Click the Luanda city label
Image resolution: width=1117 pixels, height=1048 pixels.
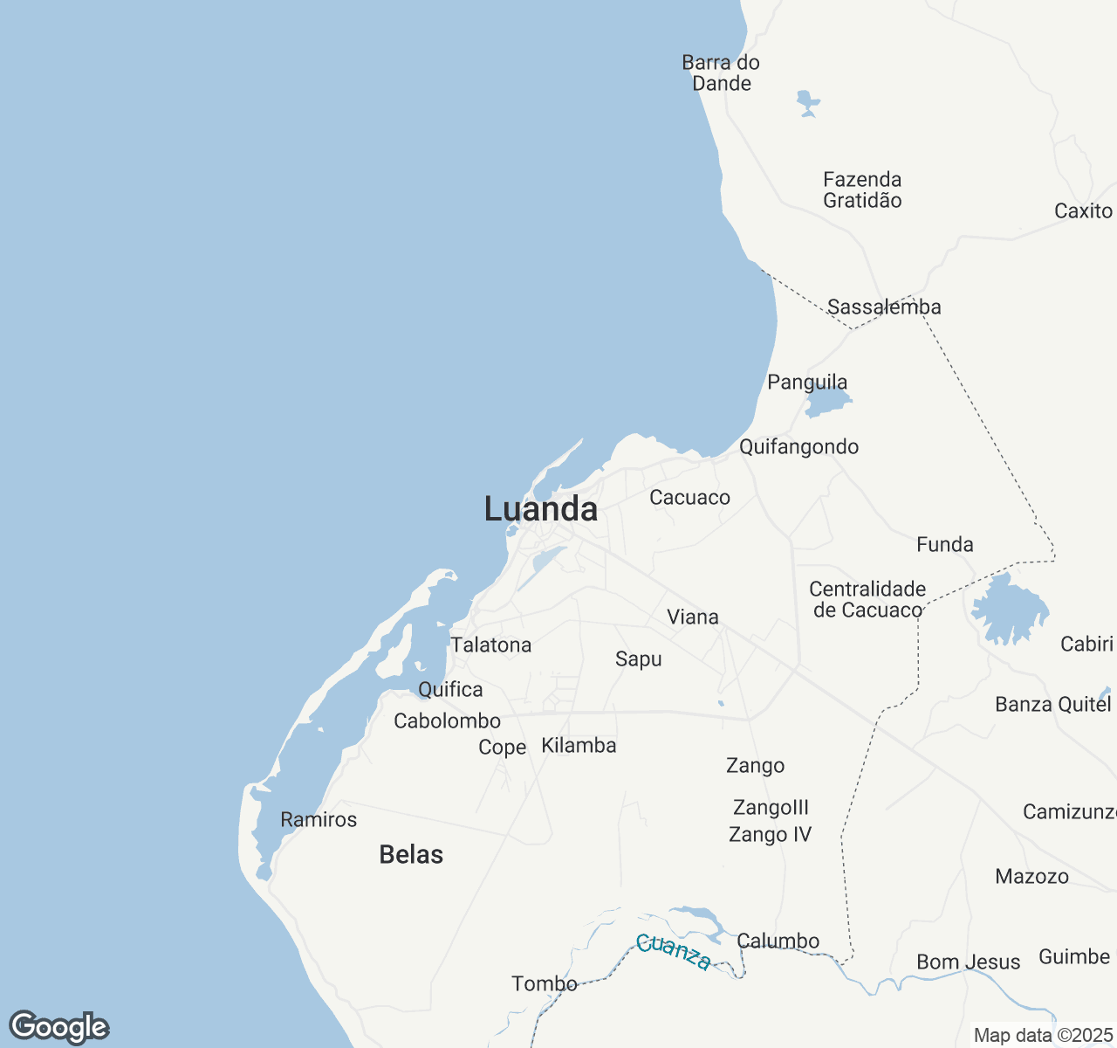pos(541,509)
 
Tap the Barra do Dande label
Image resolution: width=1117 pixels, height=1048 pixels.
pos(721,73)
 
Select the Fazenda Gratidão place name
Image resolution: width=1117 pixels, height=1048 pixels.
pos(862,190)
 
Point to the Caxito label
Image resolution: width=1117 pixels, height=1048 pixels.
pos(1083,211)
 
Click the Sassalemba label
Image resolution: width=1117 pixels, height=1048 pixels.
pos(884,307)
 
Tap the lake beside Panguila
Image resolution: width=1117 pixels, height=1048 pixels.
pos(826,403)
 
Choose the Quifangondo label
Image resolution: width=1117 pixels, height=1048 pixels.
pos(798,447)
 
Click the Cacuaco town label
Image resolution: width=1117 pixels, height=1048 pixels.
pos(689,498)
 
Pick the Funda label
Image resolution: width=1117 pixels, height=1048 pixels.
pos(944,545)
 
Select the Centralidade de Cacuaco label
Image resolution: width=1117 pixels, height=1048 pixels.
pos(867,600)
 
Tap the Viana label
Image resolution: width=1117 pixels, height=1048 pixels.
pos(693,617)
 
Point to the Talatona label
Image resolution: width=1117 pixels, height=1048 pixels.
pos(490,645)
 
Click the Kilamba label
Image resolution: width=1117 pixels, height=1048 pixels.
pos(579,746)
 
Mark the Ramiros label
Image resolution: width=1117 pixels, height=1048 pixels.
pos(319,820)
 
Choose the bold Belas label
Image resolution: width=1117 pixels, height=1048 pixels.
pos(411,855)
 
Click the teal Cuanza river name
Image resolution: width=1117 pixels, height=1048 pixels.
pos(673,952)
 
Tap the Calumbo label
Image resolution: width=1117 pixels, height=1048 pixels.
pos(778,941)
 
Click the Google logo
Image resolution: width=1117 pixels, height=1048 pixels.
pos(58,1028)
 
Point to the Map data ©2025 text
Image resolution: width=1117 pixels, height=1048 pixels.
pos(1043,1036)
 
